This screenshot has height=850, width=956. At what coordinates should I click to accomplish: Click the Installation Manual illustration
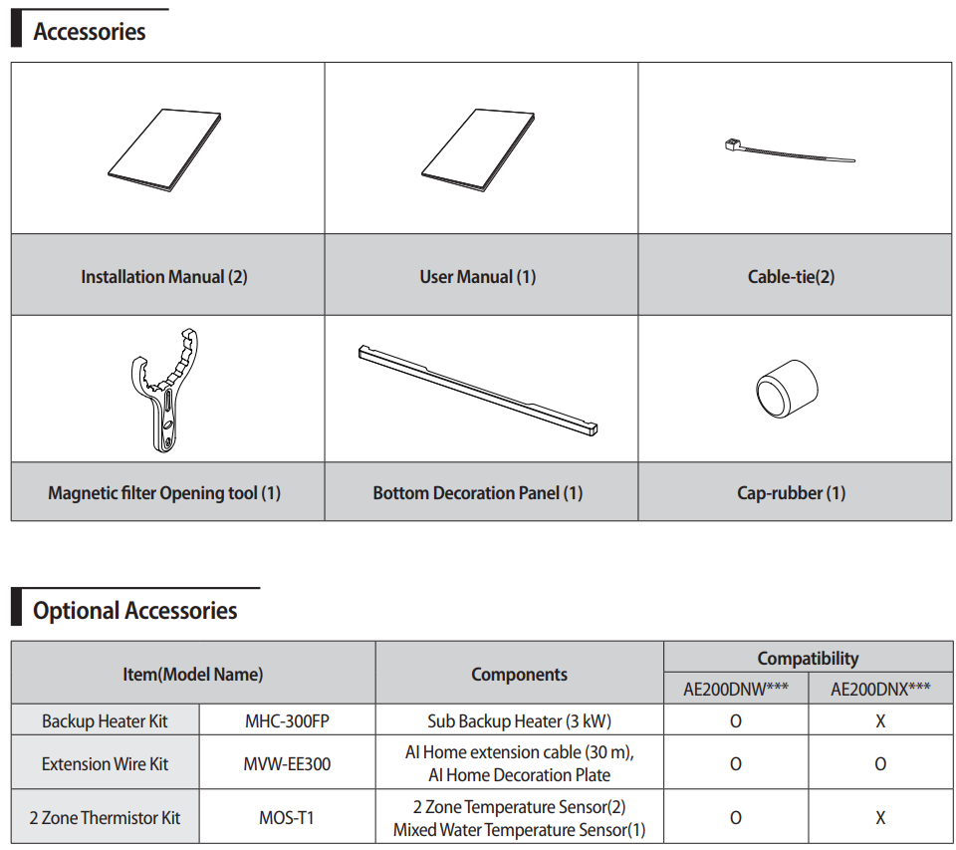[163, 149]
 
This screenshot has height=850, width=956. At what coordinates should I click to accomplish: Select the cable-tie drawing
[787, 152]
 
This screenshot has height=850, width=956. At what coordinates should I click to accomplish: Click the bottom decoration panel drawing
[478, 389]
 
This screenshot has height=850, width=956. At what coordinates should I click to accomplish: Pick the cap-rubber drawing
[787, 389]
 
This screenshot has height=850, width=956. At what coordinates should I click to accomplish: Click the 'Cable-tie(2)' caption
[791, 277]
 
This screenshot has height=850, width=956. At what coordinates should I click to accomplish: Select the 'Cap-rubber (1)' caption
[791, 492]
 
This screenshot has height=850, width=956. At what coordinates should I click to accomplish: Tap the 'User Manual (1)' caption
[478, 277]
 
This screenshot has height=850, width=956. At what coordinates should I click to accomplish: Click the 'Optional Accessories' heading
[135, 610]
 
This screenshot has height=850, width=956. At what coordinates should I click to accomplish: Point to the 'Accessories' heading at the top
[90, 32]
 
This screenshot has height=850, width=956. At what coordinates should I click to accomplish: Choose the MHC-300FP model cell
[288, 720]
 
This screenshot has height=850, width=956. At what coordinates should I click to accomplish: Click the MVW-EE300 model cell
[288, 764]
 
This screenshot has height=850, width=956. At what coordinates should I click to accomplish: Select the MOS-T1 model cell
[288, 818]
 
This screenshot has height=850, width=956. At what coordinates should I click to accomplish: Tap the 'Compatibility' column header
[808, 658]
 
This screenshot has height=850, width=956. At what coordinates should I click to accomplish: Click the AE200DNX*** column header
[880, 689]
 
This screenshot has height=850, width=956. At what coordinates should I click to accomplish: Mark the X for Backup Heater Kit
[880, 720]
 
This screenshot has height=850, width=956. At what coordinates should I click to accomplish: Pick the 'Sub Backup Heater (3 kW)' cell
[519, 720]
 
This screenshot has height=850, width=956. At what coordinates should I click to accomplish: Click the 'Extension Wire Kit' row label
[105, 764]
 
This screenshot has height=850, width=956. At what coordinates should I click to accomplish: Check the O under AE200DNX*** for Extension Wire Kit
[880, 764]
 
